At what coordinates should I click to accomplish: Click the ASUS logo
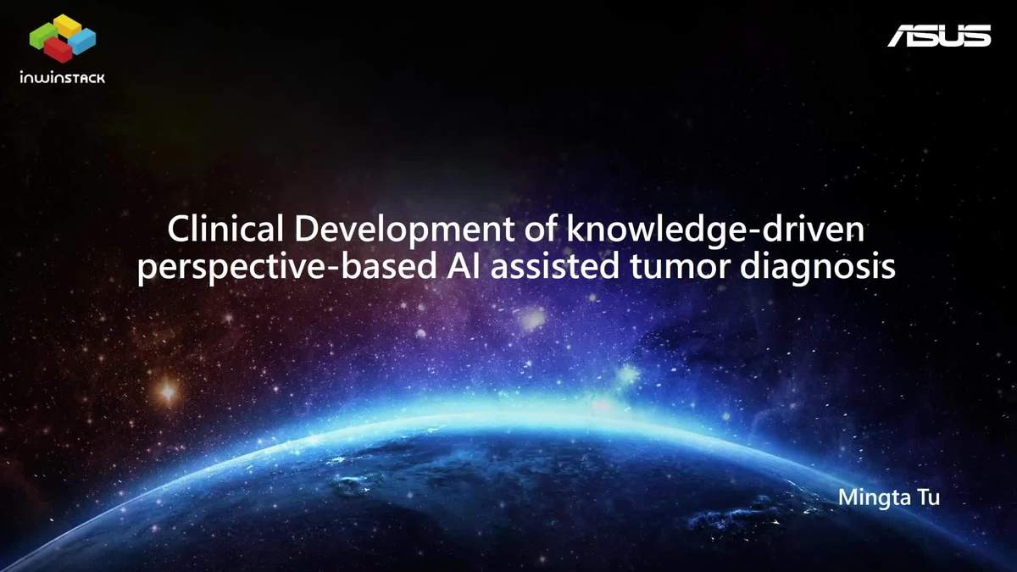tap(939, 36)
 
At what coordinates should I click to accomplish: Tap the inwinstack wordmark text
tap(63, 78)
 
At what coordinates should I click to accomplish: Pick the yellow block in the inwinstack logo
tap(67, 25)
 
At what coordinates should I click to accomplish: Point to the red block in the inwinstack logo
tap(59, 50)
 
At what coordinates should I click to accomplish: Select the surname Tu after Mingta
tap(929, 497)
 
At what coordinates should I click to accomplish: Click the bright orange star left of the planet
tap(168, 391)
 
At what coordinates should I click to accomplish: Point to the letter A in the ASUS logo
tap(902, 36)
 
